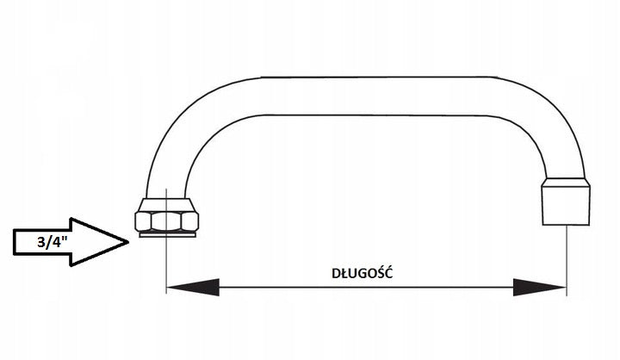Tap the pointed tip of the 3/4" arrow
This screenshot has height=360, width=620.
[x=128, y=242]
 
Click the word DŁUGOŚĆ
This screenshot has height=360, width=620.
[x=363, y=273]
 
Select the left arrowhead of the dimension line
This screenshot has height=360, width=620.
[x=193, y=287]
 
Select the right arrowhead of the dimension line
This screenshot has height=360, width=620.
[x=539, y=287]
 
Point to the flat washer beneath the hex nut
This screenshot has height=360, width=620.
[x=167, y=234]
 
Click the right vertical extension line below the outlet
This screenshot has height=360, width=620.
[x=567, y=260]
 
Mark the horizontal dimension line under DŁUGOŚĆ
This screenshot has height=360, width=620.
[x=367, y=287]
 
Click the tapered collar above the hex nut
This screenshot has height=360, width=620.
[x=167, y=205]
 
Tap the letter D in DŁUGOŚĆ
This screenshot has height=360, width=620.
[x=336, y=273]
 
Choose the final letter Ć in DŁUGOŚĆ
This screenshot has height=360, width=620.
[x=389, y=272]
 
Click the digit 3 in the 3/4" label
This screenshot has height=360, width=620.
[x=41, y=242]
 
